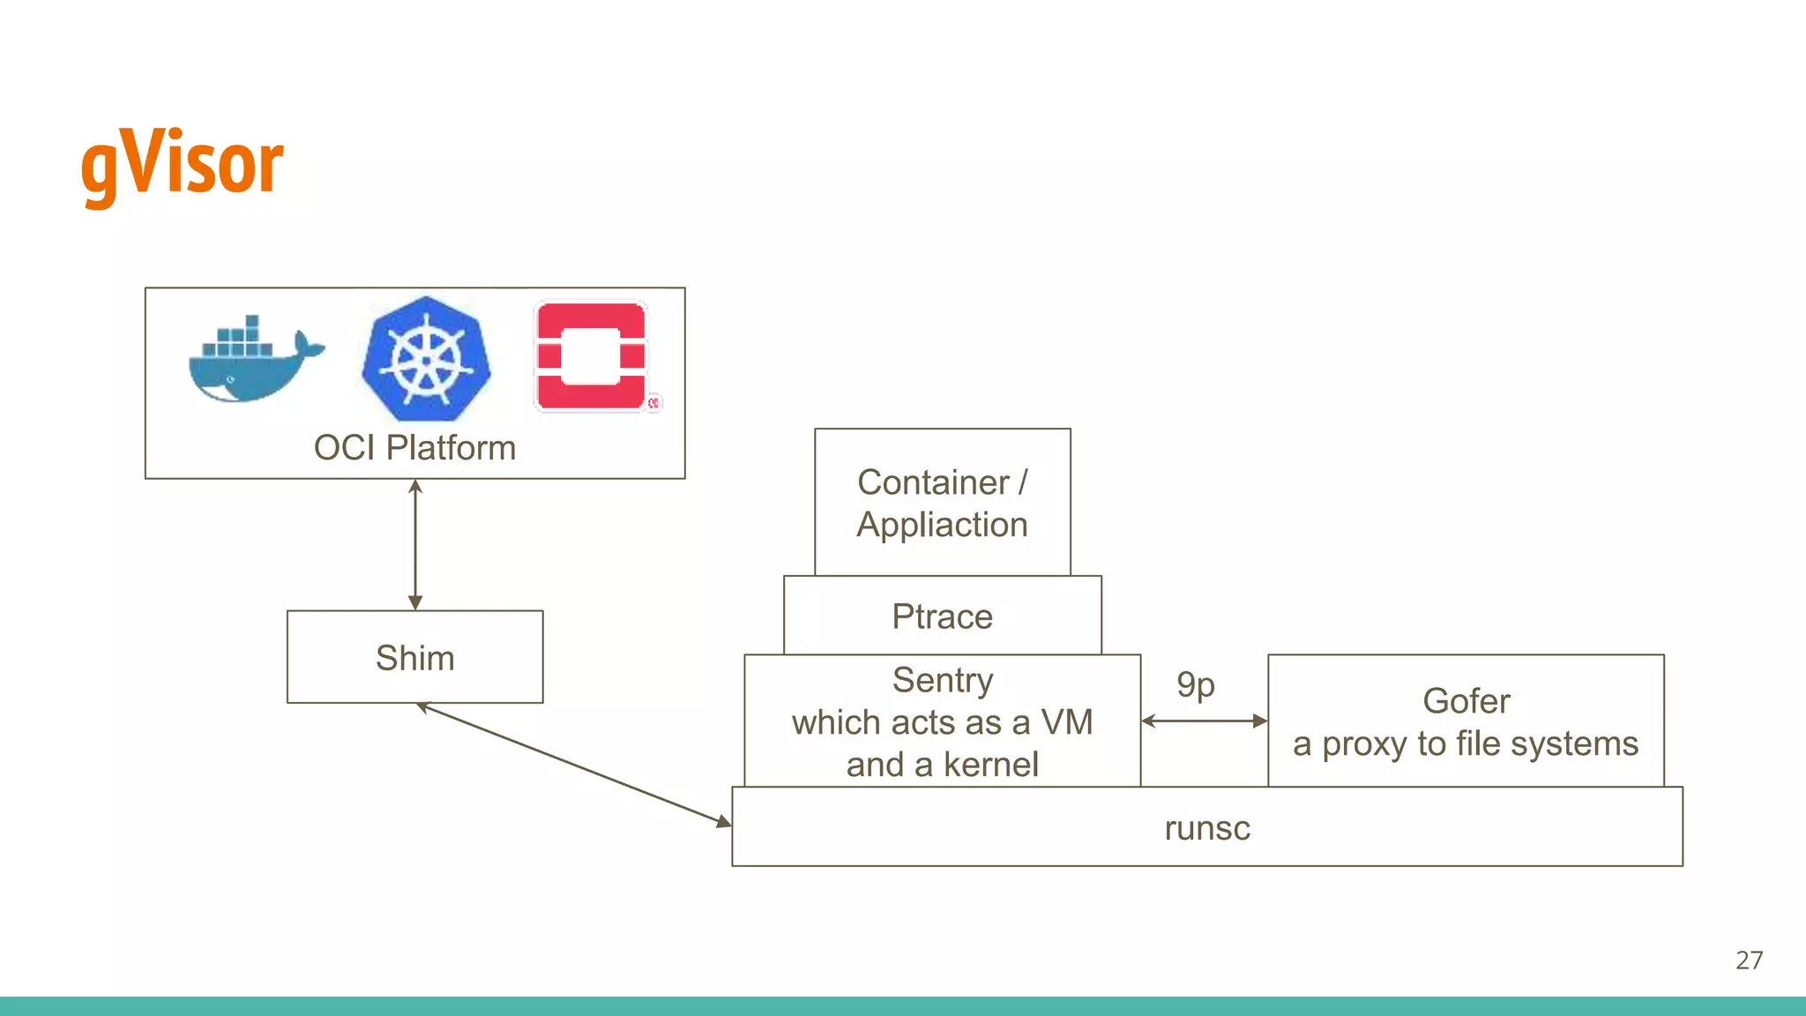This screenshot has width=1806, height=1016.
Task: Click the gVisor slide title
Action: click(x=182, y=164)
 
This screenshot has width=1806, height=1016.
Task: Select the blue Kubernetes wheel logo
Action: click(x=427, y=359)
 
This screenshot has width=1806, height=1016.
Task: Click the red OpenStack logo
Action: click(x=592, y=356)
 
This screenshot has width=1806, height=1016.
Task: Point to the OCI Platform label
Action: click(x=414, y=448)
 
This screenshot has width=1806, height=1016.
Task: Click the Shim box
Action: click(x=414, y=658)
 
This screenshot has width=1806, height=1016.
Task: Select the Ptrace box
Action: click(x=942, y=616)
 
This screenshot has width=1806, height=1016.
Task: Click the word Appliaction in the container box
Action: click(x=942, y=525)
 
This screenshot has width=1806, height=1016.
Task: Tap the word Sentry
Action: click(x=942, y=680)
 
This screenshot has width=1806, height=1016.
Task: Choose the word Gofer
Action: click(x=1466, y=701)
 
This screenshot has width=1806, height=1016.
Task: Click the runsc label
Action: click(x=1206, y=828)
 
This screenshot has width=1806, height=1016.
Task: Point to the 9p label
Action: click(x=1196, y=684)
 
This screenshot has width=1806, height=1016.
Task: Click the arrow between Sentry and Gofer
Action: click(x=1205, y=721)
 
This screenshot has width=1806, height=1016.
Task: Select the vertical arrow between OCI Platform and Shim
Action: click(x=415, y=545)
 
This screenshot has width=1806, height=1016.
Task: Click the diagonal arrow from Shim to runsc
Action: click(x=573, y=764)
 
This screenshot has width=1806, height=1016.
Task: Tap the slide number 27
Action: click(x=1749, y=960)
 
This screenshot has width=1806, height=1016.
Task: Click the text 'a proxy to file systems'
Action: click(x=1466, y=743)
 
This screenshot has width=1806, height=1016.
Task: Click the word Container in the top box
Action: click(x=932, y=482)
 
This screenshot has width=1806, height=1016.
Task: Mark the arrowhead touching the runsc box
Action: click(x=724, y=822)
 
